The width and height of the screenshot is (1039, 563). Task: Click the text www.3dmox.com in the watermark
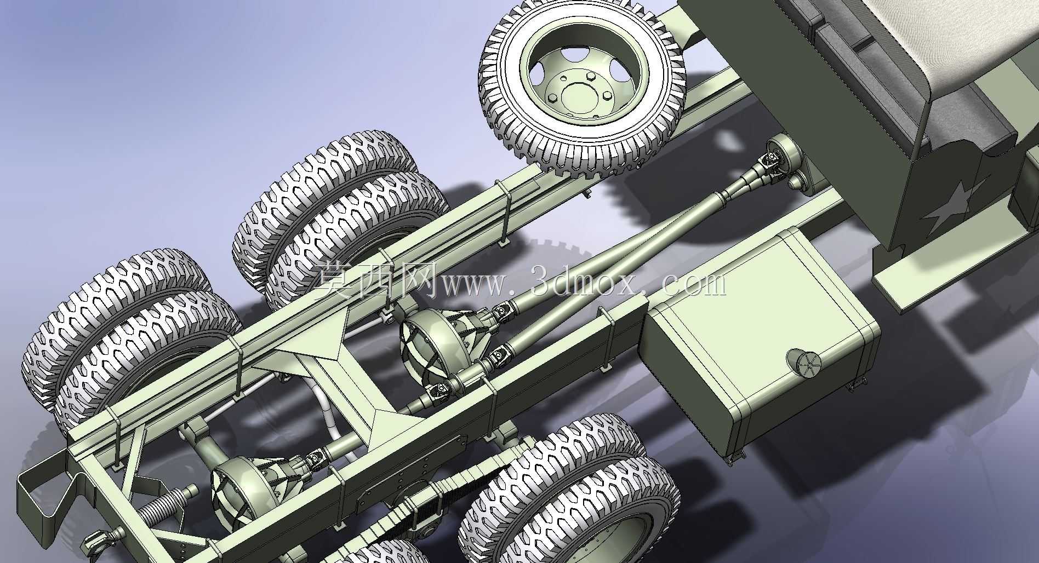[x=584, y=283]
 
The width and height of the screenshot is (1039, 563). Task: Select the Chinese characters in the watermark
[x=378, y=279]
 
